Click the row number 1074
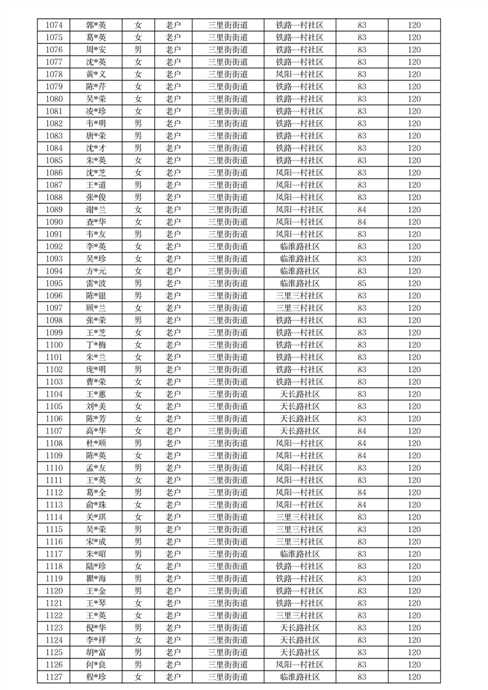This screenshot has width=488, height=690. point(54,25)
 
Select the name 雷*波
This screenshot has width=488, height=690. point(96,284)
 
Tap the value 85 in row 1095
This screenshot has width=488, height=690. point(361,284)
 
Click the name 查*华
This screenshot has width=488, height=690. point(96,222)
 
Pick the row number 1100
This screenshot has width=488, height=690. point(54,345)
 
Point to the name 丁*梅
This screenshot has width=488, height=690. point(96,345)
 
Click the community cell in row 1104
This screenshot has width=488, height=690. point(300,394)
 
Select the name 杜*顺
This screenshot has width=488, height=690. point(96,443)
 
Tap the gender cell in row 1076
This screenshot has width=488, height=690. point(138,50)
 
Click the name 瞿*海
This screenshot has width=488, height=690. point(96,579)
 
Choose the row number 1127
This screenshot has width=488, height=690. point(54,677)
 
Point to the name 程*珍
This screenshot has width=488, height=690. point(96,677)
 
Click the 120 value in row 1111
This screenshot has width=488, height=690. point(414,480)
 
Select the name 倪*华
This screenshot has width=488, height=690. point(96,628)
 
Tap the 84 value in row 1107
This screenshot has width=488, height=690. point(361,431)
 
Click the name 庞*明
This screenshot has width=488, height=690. point(96,370)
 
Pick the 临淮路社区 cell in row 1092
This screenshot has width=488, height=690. point(300,247)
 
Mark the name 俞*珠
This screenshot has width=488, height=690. point(96,505)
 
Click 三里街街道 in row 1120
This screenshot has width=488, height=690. point(228,591)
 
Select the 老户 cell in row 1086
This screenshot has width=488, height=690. point(173,173)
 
